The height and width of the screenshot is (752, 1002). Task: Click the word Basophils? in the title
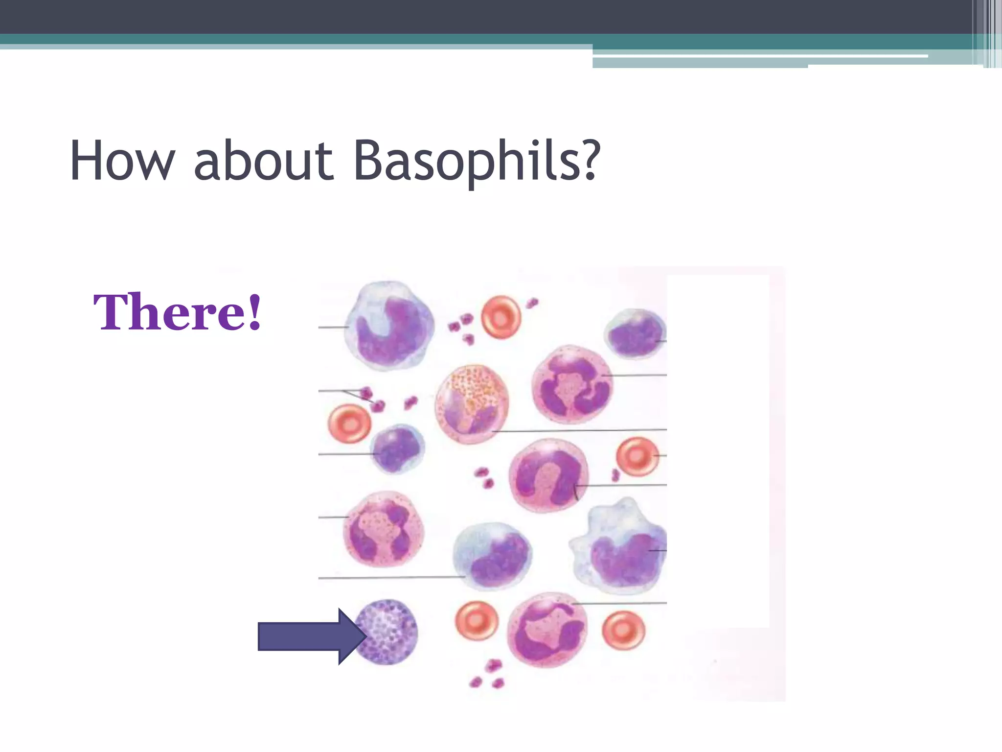tap(476, 161)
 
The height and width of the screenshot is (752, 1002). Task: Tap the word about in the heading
tap(264, 161)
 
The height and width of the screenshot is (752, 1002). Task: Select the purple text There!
tap(178, 312)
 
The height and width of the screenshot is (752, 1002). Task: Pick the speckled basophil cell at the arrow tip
tap(387, 632)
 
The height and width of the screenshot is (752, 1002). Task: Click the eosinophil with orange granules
tap(472, 403)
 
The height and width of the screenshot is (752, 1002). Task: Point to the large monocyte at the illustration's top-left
tap(389, 326)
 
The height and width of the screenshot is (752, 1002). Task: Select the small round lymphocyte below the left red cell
tap(397, 448)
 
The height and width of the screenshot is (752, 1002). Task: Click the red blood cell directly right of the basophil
tap(477, 621)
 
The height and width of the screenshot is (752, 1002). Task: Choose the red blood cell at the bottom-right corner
tap(623, 630)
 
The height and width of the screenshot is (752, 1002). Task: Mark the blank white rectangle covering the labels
tap(718, 450)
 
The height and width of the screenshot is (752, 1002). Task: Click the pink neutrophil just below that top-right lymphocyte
tap(572, 384)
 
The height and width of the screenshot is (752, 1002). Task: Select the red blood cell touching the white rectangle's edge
tap(637, 457)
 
